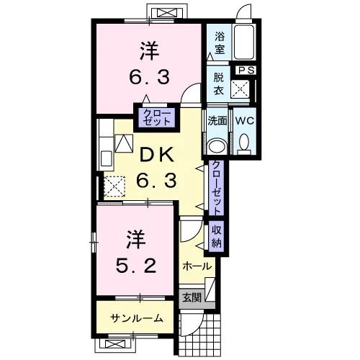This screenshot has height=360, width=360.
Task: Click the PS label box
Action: (x=246, y=70)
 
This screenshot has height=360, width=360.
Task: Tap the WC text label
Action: (x=245, y=121)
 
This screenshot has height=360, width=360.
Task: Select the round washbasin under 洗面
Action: (x=217, y=145)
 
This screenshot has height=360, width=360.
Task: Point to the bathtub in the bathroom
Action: (x=244, y=42)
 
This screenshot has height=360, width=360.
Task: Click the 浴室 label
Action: (x=220, y=43)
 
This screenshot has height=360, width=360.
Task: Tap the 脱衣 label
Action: (x=219, y=84)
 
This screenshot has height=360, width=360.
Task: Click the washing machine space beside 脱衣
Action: (x=240, y=89)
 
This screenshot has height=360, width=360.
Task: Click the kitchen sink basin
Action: (x=107, y=158)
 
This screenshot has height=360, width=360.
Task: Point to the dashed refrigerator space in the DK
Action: (x=114, y=186)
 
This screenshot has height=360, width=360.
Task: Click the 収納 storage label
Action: (x=216, y=237)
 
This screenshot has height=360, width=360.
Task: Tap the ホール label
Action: (x=197, y=266)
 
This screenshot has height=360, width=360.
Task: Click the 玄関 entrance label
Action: (x=192, y=298)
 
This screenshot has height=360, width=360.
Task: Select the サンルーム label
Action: (x=137, y=318)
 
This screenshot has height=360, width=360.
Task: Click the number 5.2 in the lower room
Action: (x=136, y=266)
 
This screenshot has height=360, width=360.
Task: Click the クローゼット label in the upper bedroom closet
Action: (x=156, y=117)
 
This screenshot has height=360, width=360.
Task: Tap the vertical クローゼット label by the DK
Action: (x=216, y=188)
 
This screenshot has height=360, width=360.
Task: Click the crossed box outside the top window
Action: (x=166, y=12)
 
